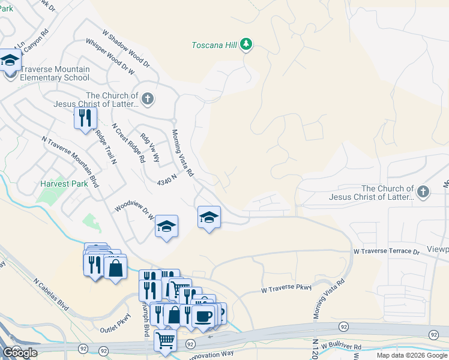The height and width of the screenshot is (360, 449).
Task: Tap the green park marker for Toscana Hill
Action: click(x=246, y=44)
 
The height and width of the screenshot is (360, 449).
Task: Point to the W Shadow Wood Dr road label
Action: click(x=125, y=48)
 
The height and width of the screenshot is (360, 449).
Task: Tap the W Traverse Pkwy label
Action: click(x=286, y=289)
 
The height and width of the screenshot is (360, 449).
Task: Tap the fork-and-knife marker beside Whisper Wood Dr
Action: click(x=85, y=117)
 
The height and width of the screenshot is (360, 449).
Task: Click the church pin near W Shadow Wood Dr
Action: click(x=148, y=98)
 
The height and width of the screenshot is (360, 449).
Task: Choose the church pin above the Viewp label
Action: click(x=423, y=192)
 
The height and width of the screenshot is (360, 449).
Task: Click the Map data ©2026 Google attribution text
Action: click(x=412, y=355)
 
